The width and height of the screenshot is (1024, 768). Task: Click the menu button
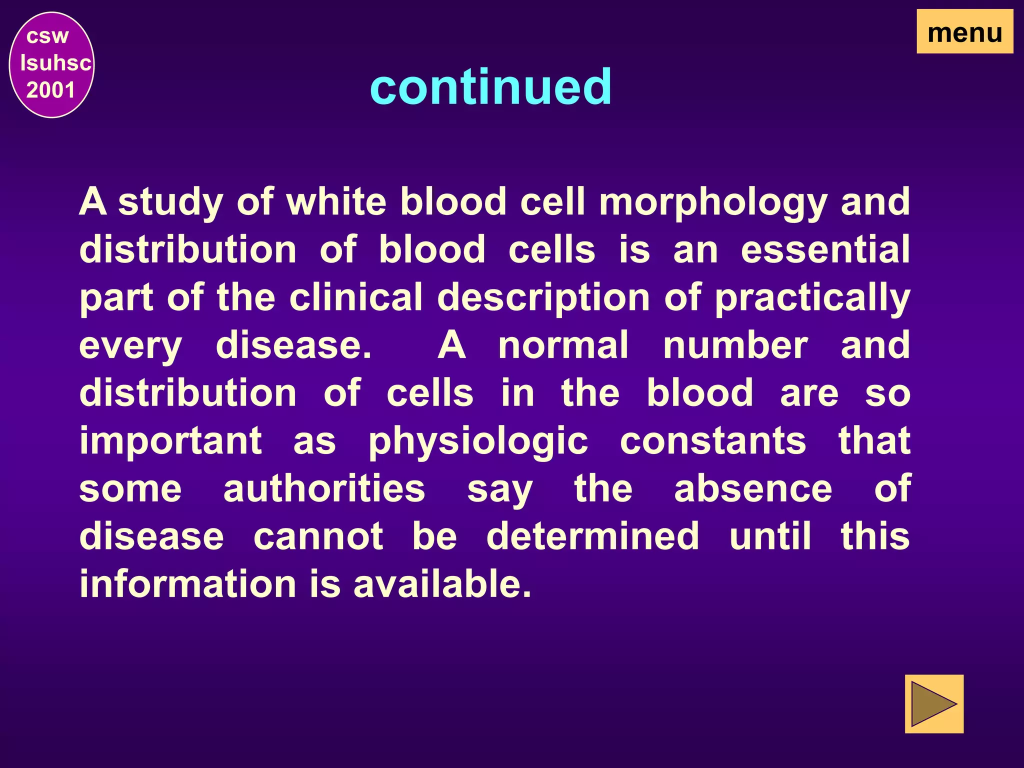point(964,32)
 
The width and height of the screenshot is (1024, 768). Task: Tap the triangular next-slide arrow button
point(933,704)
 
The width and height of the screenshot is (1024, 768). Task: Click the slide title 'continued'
point(490,87)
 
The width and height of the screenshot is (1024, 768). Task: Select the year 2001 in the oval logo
point(50,90)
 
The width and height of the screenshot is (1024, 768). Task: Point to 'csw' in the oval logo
point(47,36)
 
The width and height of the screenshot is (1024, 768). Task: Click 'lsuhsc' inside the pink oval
point(55,63)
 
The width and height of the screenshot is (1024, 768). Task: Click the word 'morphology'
point(713,202)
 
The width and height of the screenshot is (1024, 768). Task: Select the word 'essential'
point(825,249)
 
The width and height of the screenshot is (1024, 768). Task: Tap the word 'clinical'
point(356,297)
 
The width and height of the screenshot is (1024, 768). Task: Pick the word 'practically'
point(812,298)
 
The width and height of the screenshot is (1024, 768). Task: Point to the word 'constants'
point(713,441)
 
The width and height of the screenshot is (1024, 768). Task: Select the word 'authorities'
point(324,488)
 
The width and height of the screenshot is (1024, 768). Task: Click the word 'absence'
point(753,488)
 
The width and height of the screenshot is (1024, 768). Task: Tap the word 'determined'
point(592,536)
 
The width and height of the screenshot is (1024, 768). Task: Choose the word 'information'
point(188,583)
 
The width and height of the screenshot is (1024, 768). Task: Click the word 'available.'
point(442,583)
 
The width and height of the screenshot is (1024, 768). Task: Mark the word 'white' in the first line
point(336,201)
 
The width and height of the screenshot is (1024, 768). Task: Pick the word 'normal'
point(563,345)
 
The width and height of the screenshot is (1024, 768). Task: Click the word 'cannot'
point(318,536)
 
